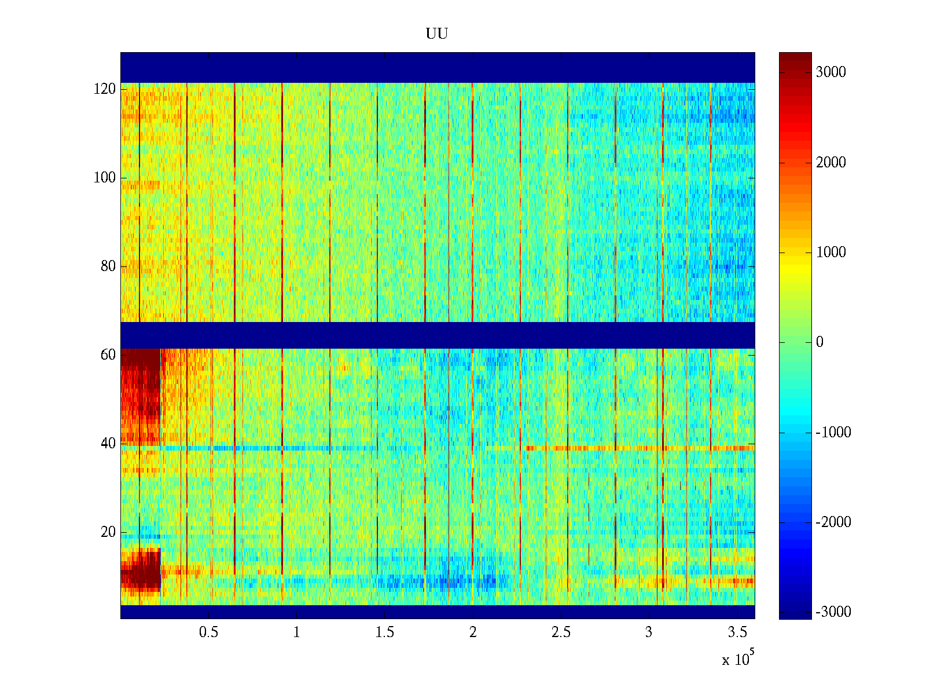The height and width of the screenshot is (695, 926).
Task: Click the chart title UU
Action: tap(437, 34)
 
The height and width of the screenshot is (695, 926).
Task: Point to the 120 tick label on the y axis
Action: tap(105, 89)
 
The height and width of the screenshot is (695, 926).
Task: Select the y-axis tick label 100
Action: tap(105, 178)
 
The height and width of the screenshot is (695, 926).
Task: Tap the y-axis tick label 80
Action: tap(108, 266)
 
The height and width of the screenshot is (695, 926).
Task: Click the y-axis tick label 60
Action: tap(108, 355)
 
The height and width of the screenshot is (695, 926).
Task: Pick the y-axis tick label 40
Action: tap(108, 444)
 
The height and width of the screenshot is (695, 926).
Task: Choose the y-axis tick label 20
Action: tap(108, 532)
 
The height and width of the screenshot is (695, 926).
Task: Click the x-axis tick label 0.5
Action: tap(209, 632)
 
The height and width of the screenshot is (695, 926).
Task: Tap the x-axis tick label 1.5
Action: tap(385, 632)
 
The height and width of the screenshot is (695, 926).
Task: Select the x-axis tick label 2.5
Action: tap(561, 632)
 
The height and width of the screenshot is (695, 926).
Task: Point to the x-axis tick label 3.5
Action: tap(737, 632)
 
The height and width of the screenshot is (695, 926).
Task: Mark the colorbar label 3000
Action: tap(831, 72)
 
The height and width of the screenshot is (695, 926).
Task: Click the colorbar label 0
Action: tap(820, 342)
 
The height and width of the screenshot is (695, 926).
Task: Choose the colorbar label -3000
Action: tap(833, 612)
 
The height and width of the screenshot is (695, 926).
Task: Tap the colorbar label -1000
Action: tap(833, 432)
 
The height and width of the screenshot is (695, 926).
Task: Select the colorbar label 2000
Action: tap(831, 163)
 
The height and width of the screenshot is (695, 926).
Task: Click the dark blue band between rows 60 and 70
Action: tap(438, 335)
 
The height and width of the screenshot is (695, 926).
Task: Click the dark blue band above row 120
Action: tap(438, 67)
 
